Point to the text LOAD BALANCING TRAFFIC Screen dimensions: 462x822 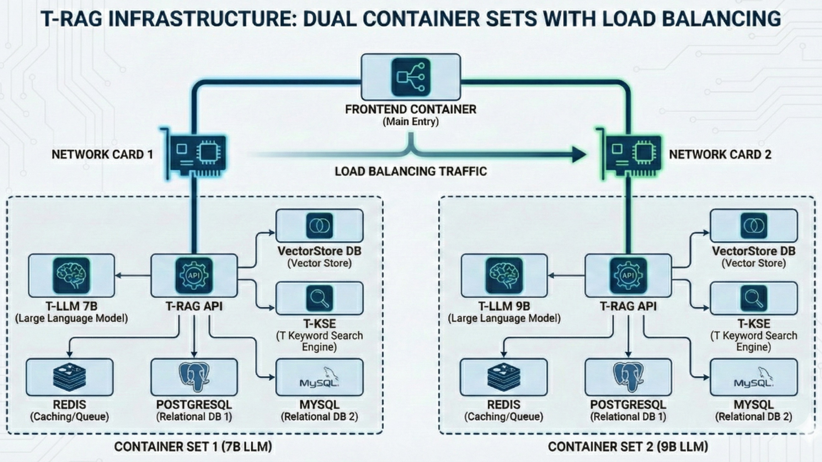(411, 171)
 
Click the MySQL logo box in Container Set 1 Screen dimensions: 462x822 (319, 377)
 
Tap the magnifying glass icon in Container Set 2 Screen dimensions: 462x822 (754, 298)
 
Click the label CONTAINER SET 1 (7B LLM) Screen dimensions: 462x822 (193, 447)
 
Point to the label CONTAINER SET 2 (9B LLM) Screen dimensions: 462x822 (628, 447)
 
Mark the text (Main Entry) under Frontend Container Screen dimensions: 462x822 (411, 122)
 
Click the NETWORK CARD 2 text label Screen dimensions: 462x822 (720, 154)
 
